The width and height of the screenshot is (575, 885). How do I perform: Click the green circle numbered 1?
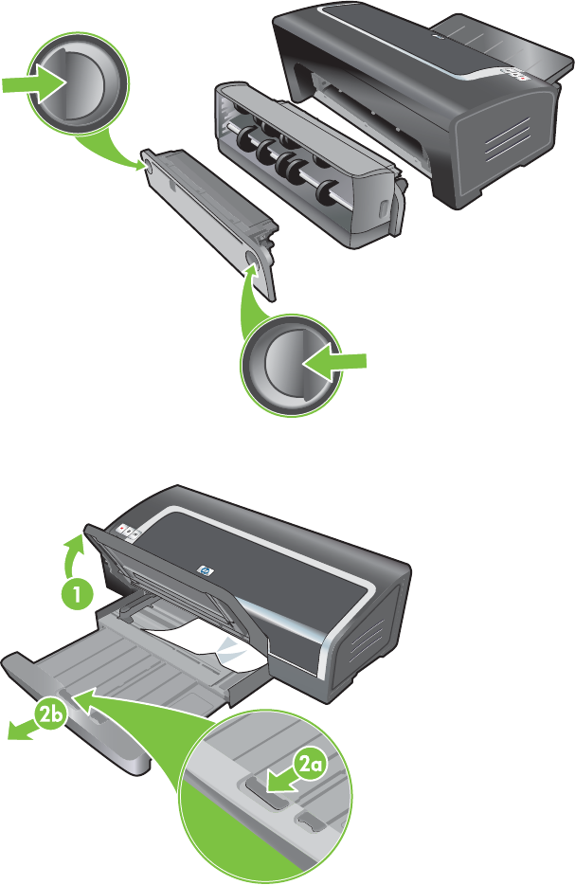click(x=77, y=593)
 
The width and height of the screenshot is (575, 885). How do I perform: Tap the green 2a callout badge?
click(x=310, y=766)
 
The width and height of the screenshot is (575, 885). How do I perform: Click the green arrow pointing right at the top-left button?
click(x=33, y=84)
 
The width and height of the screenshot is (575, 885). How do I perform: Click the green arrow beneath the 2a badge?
click(x=282, y=783)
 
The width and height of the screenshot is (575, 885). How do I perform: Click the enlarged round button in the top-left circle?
click(x=78, y=83)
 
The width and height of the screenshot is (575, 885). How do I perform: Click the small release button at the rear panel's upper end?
click(x=147, y=165)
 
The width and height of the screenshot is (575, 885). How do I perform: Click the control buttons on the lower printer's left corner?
click(x=129, y=531)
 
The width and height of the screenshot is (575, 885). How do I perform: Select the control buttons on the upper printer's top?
click(x=513, y=74)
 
